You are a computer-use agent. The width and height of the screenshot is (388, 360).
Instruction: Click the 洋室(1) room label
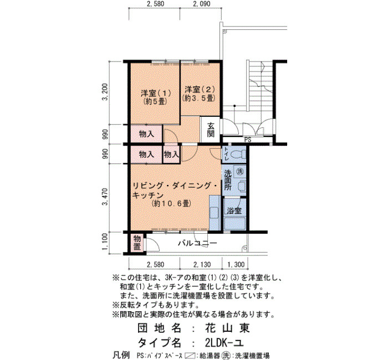point(156,94)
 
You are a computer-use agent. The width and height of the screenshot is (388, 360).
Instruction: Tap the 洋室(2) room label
point(200,90)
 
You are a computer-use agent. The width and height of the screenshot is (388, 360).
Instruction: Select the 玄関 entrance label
point(211,130)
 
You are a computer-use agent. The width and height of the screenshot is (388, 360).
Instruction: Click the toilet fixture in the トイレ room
point(238,155)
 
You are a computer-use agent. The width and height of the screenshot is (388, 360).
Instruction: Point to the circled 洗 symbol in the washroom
point(239,171)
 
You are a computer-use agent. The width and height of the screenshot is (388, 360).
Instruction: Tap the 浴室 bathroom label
point(234,210)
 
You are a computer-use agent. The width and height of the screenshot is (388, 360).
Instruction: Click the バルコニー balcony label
point(197,243)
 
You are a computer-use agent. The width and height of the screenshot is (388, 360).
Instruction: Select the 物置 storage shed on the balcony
point(137,243)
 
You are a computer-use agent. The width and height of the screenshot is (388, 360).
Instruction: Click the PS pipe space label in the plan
point(248,140)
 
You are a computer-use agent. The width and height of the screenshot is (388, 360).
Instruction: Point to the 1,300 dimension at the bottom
point(236,265)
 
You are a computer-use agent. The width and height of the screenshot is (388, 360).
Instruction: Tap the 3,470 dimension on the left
point(105,197)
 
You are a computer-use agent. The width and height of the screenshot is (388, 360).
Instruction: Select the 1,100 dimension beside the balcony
point(105,242)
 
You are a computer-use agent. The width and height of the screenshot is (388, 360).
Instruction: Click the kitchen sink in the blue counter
point(214,213)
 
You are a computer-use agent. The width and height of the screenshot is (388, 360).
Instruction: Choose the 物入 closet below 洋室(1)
point(146,134)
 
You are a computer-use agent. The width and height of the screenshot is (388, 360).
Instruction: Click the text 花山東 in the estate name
point(227,328)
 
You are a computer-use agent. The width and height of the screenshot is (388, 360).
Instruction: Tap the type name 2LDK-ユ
point(224,343)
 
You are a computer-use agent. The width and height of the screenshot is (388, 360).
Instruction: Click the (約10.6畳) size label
point(171,203)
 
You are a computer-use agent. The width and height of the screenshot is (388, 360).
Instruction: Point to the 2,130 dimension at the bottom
point(202,265)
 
